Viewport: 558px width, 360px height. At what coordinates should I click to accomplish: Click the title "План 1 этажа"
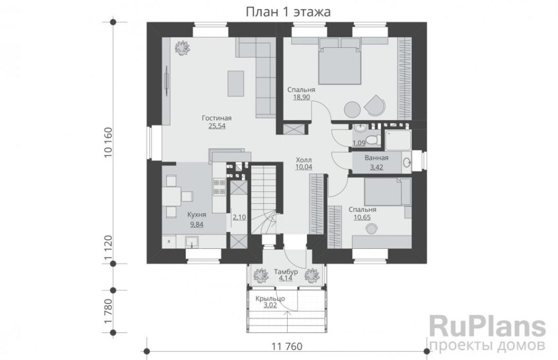point(288,12)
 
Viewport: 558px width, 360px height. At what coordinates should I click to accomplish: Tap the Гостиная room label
point(217,118)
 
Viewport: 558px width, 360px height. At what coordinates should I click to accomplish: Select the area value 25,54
point(217,126)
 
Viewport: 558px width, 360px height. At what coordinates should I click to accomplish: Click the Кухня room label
point(197,215)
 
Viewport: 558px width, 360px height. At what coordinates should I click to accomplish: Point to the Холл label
point(304,160)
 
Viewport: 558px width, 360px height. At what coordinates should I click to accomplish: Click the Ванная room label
point(377,157)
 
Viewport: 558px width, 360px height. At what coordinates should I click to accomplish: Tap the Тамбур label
point(286,272)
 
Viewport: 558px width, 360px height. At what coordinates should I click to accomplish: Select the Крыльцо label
point(270,298)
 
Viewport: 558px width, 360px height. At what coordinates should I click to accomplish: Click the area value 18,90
point(301,97)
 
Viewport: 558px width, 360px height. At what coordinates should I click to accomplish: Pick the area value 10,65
point(362,217)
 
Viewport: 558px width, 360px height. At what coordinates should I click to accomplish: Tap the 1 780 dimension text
point(108,311)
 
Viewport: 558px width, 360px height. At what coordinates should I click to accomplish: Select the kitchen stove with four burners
point(219,187)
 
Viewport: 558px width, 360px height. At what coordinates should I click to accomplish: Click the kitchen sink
point(193,241)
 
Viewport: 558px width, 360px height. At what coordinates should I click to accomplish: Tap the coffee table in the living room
point(235,83)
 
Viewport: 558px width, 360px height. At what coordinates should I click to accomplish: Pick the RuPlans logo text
point(487,327)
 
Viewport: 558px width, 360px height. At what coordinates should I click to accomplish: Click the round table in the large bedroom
point(353,109)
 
